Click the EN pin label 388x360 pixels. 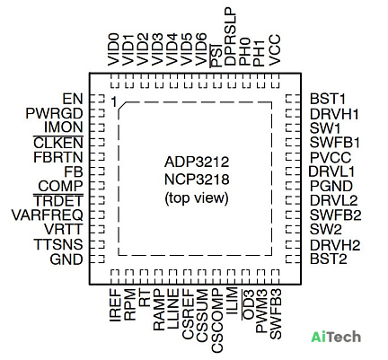coord(73,99)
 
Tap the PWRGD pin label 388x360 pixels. coord(54,114)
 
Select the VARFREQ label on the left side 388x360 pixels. coord(48,215)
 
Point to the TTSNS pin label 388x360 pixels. coord(58,244)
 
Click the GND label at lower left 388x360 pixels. coord(66,259)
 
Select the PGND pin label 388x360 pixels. coord(331,186)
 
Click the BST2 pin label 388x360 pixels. coord(329,259)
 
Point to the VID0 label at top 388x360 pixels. coord(113,50)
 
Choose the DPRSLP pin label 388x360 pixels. coord(231,37)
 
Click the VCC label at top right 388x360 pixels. coord(275,50)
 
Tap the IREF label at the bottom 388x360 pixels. coord(115,305)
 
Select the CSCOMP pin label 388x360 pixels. coord(217,321)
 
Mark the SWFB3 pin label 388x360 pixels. coord(276,314)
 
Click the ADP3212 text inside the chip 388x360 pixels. coord(197,162)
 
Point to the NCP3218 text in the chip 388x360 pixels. coord(197,180)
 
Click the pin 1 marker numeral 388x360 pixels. coord(113,102)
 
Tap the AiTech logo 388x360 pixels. coord(336,337)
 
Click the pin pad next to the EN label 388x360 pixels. coord(97,100)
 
